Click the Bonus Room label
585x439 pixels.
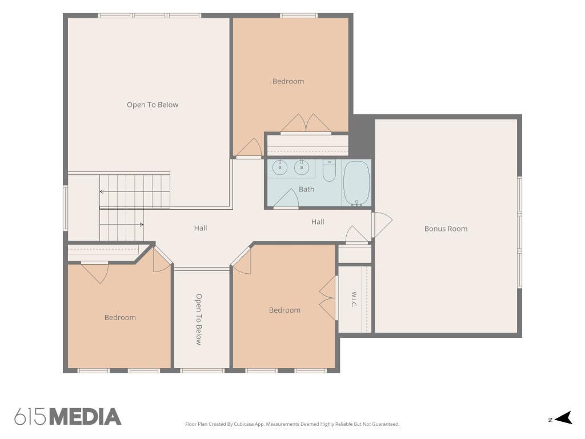pos(446,229)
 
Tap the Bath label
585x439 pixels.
pos(306,189)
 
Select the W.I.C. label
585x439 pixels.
pos(354,299)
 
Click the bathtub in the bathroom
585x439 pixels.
pos(356,183)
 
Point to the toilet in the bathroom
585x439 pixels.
pos(329,170)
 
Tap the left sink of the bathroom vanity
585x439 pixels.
pos(279,167)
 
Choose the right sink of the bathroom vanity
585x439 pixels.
pos(302,167)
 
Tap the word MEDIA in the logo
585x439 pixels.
pos(86,417)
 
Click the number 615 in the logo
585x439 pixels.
pos(31,417)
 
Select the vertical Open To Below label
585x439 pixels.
pos(199,319)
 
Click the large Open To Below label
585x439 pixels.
pos(153,105)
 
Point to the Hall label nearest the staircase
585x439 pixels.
pos(201,228)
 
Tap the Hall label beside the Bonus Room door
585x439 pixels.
pos(318,221)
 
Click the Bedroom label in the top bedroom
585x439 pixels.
pos(288,81)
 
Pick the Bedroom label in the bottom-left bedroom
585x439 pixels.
pos(120,317)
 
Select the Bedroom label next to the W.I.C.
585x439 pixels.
pos(285,310)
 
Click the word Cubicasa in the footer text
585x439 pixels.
pos(244,424)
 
